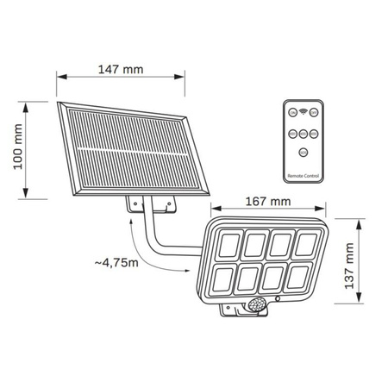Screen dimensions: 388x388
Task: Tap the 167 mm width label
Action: click(x=266, y=202)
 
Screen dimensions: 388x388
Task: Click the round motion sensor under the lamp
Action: click(x=259, y=304)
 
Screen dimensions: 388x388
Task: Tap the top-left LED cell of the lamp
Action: click(x=230, y=246)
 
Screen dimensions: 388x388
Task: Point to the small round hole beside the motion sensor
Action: click(x=277, y=300)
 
